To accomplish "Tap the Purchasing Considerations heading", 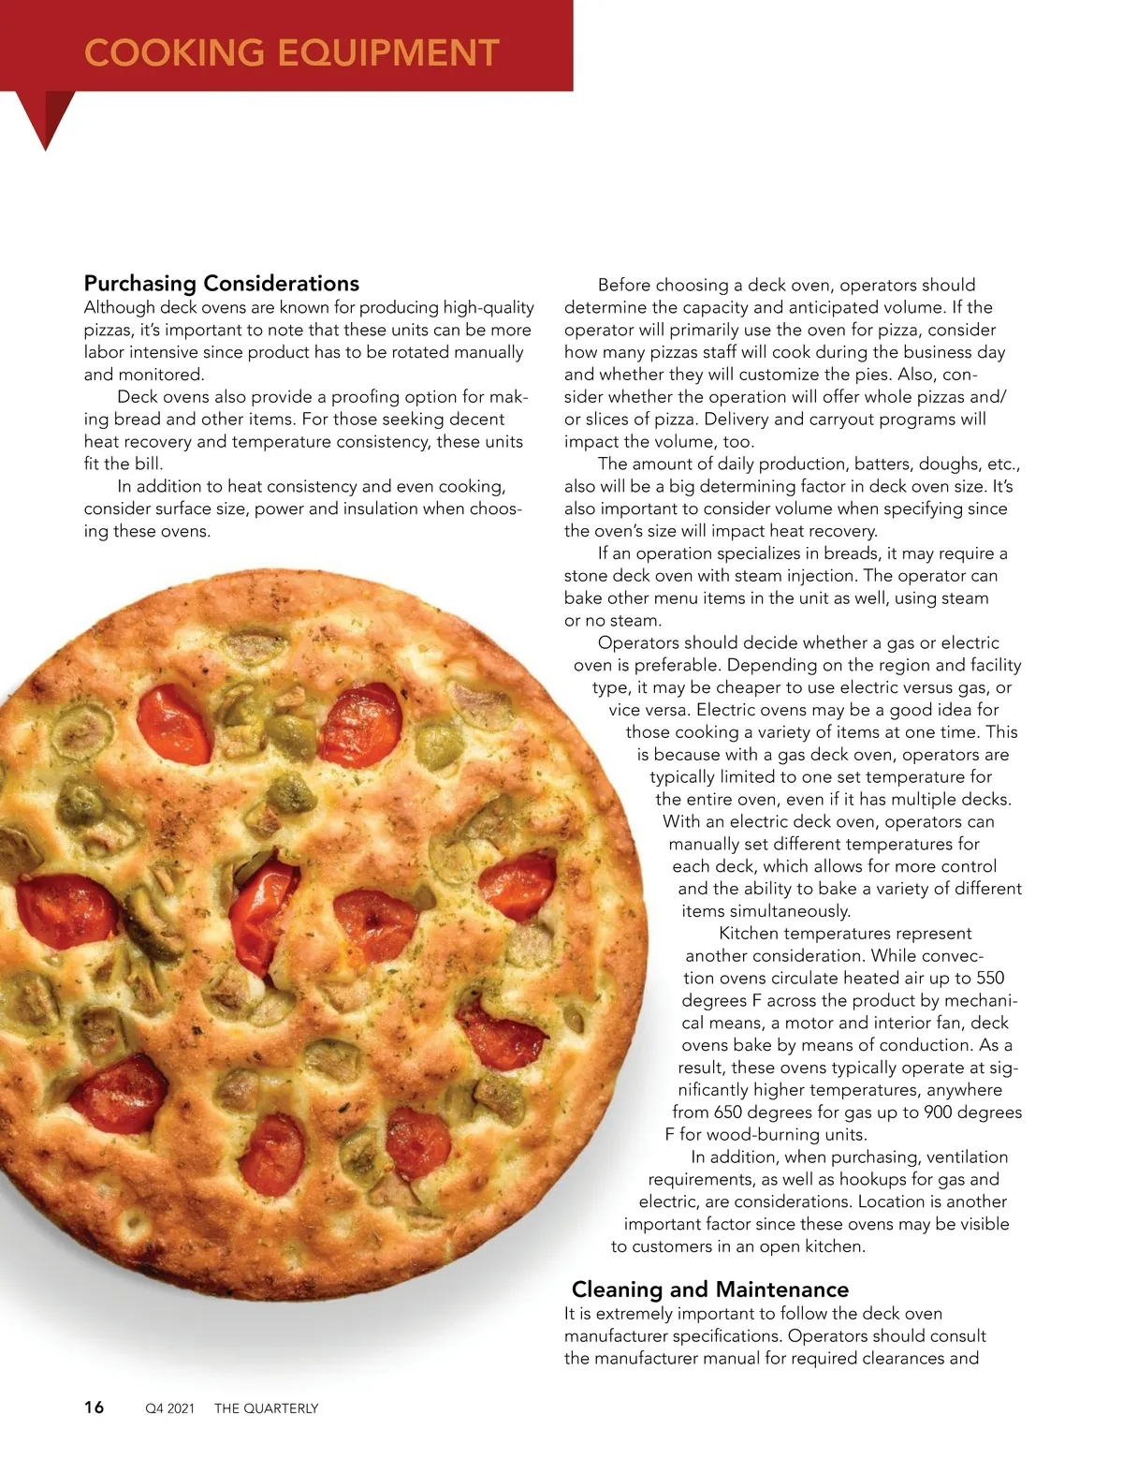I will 222,284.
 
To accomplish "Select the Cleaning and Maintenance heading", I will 710,1290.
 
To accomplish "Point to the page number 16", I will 95,1407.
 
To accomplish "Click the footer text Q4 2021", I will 169,1408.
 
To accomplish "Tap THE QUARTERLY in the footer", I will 267,1408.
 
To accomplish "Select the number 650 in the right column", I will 728,1113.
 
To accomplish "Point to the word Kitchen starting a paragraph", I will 749,934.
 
